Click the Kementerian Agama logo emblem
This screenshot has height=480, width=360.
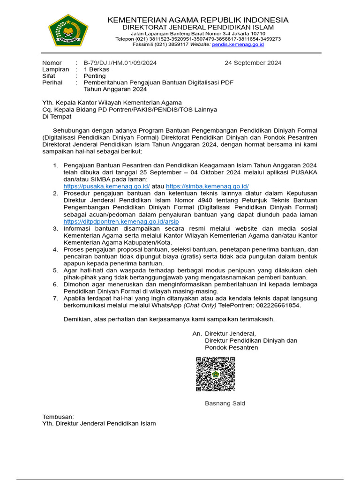click(x=68, y=30)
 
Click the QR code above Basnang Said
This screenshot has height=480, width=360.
click(x=215, y=374)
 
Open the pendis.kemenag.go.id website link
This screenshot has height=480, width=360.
click(x=238, y=45)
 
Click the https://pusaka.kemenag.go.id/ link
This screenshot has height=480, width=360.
click(x=106, y=186)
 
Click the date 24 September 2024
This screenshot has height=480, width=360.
click(x=253, y=63)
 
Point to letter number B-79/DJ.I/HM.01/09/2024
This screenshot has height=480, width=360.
click(x=120, y=63)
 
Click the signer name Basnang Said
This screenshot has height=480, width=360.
click(x=225, y=404)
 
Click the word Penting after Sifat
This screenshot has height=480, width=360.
click(x=95, y=76)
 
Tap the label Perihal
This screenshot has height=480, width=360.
click(x=52, y=82)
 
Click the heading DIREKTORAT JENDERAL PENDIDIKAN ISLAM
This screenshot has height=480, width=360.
click(x=198, y=28)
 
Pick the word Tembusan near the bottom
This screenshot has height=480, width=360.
click(x=58, y=417)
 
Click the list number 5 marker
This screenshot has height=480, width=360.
click(x=55, y=270)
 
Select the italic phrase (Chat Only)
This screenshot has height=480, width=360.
click(x=200, y=305)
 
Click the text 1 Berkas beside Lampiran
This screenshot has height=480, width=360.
click(x=97, y=69)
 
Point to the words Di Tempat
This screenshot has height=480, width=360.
click(x=57, y=116)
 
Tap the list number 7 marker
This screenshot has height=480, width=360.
click(x=55, y=298)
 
